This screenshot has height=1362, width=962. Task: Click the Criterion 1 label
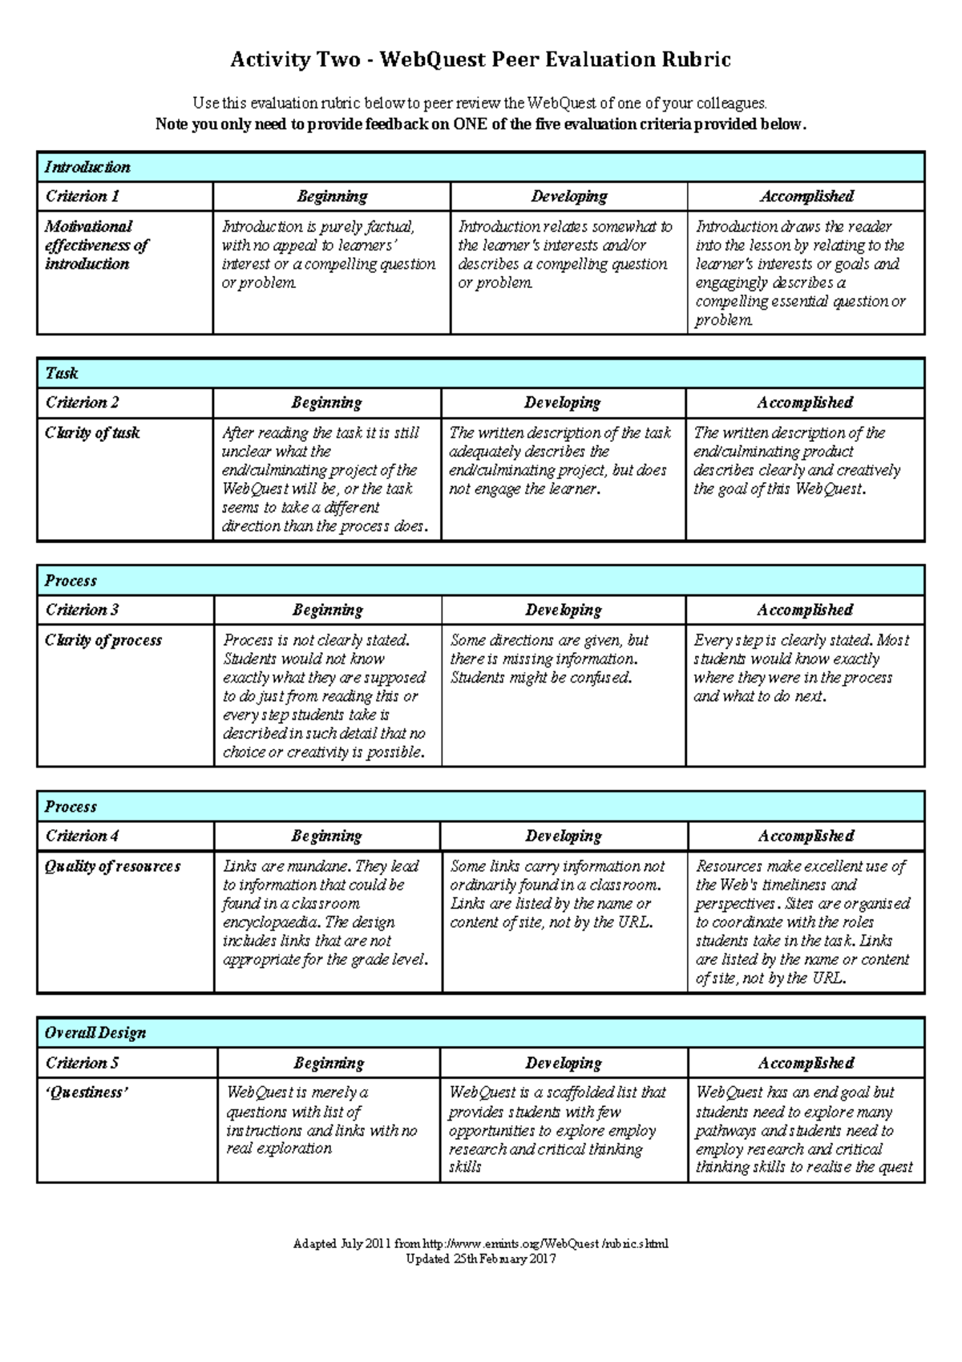point(83,197)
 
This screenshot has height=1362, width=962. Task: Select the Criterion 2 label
point(83,403)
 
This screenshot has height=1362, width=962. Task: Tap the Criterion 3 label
point(83,610)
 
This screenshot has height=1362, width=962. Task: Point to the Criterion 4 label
point(83,836)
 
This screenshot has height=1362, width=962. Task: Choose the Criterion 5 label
point(83,1063)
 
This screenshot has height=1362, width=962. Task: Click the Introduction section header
point(87,167)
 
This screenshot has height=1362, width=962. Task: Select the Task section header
point(62,373)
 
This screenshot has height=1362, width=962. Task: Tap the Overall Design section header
point(95,1033)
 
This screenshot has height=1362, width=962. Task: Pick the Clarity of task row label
point(92,433)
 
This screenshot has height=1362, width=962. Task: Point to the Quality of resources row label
point(113,866)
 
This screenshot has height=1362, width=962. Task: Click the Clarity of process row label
point(103,640)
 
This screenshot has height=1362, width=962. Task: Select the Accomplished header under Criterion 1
point(806,197)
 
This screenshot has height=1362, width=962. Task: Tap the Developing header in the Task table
point(563,403)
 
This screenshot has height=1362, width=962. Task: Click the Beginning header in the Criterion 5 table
point(329,1063)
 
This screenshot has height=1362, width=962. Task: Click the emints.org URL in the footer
point(545,1244)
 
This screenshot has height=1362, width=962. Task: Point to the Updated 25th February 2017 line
point(481,1259)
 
